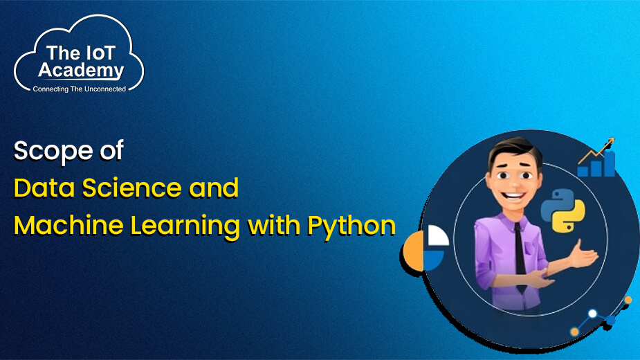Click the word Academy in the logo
81,70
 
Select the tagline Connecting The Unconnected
80,89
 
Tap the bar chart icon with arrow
596,159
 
